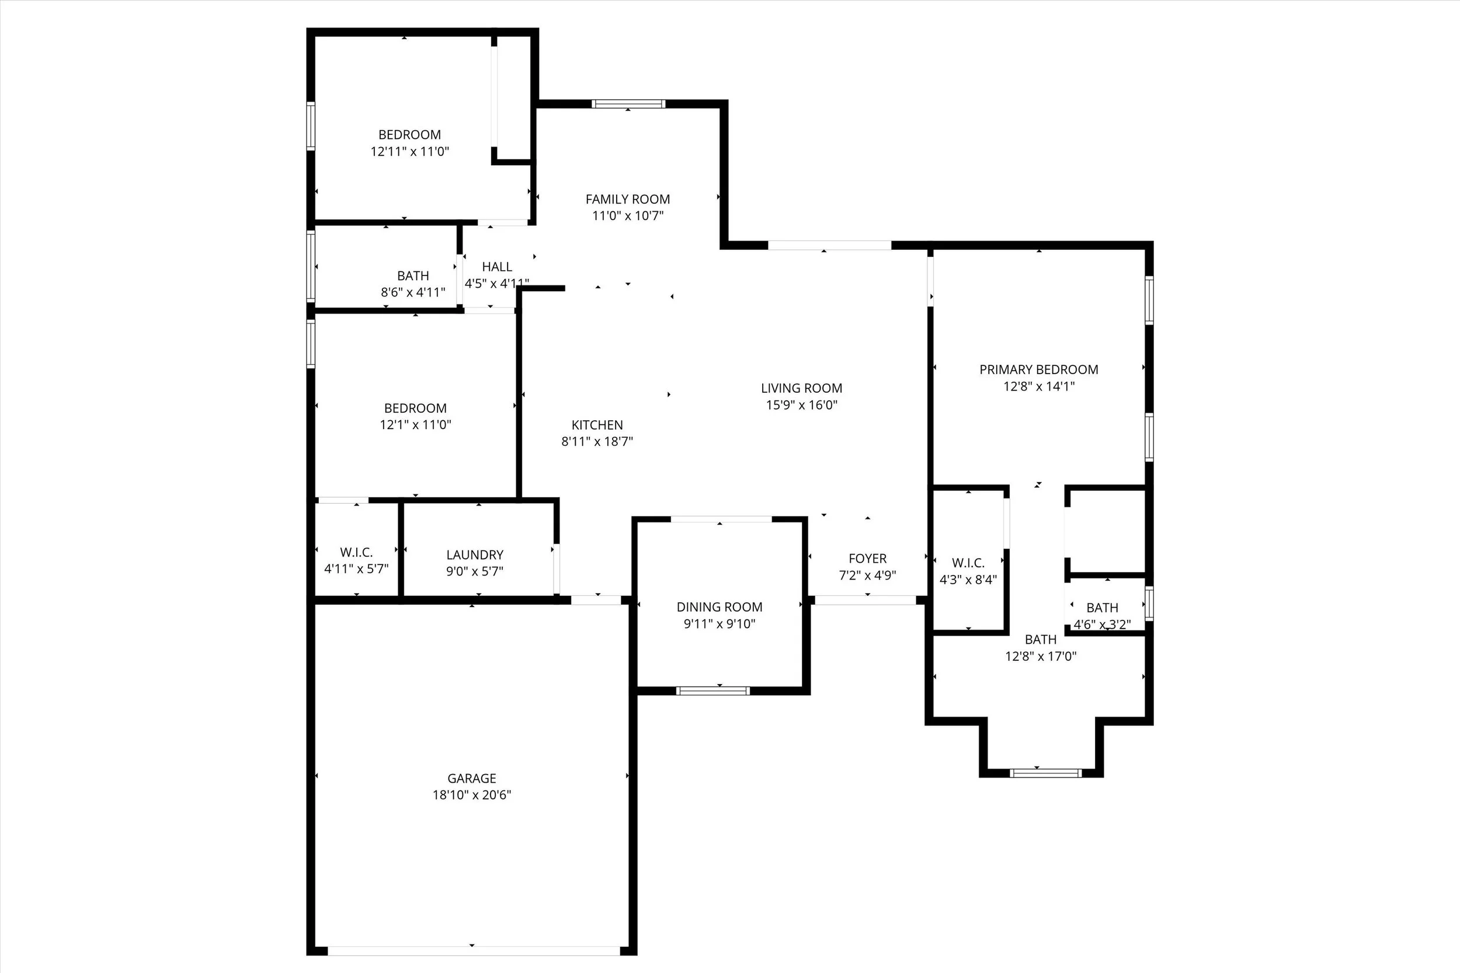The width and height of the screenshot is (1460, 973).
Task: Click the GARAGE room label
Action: (472, 778)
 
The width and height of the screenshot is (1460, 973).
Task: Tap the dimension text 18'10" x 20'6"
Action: (472, 795)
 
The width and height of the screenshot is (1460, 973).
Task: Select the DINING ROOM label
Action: (719, 607)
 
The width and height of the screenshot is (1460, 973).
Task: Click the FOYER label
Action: (867, 559)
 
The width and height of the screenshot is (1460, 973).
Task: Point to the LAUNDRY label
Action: (475, 554)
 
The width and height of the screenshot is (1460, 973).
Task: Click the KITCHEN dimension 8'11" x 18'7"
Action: (597, 442)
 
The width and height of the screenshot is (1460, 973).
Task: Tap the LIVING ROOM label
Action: (801, 389)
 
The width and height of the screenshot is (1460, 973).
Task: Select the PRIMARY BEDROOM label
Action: (1038, 370)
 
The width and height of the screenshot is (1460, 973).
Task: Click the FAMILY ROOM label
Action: (628, 199)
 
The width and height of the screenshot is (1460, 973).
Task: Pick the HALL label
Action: (496, 267)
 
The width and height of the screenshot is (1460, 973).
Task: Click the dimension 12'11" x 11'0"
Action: (410, 151)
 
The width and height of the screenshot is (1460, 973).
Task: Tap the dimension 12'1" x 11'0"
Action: (415, 425)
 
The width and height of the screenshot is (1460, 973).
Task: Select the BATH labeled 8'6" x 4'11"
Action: (413, 275)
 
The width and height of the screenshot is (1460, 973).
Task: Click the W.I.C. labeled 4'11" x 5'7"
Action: (356, 552)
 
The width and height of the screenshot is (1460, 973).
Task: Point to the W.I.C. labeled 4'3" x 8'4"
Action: (968, 563)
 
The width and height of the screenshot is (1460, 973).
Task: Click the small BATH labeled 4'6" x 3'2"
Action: (1102, 608)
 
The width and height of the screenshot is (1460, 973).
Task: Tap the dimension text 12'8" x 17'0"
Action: (1040, 656)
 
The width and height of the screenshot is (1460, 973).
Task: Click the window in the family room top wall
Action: (628, 104)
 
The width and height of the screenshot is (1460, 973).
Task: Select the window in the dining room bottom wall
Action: (712, 690)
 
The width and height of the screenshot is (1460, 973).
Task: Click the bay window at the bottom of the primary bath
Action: (1045, 773)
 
